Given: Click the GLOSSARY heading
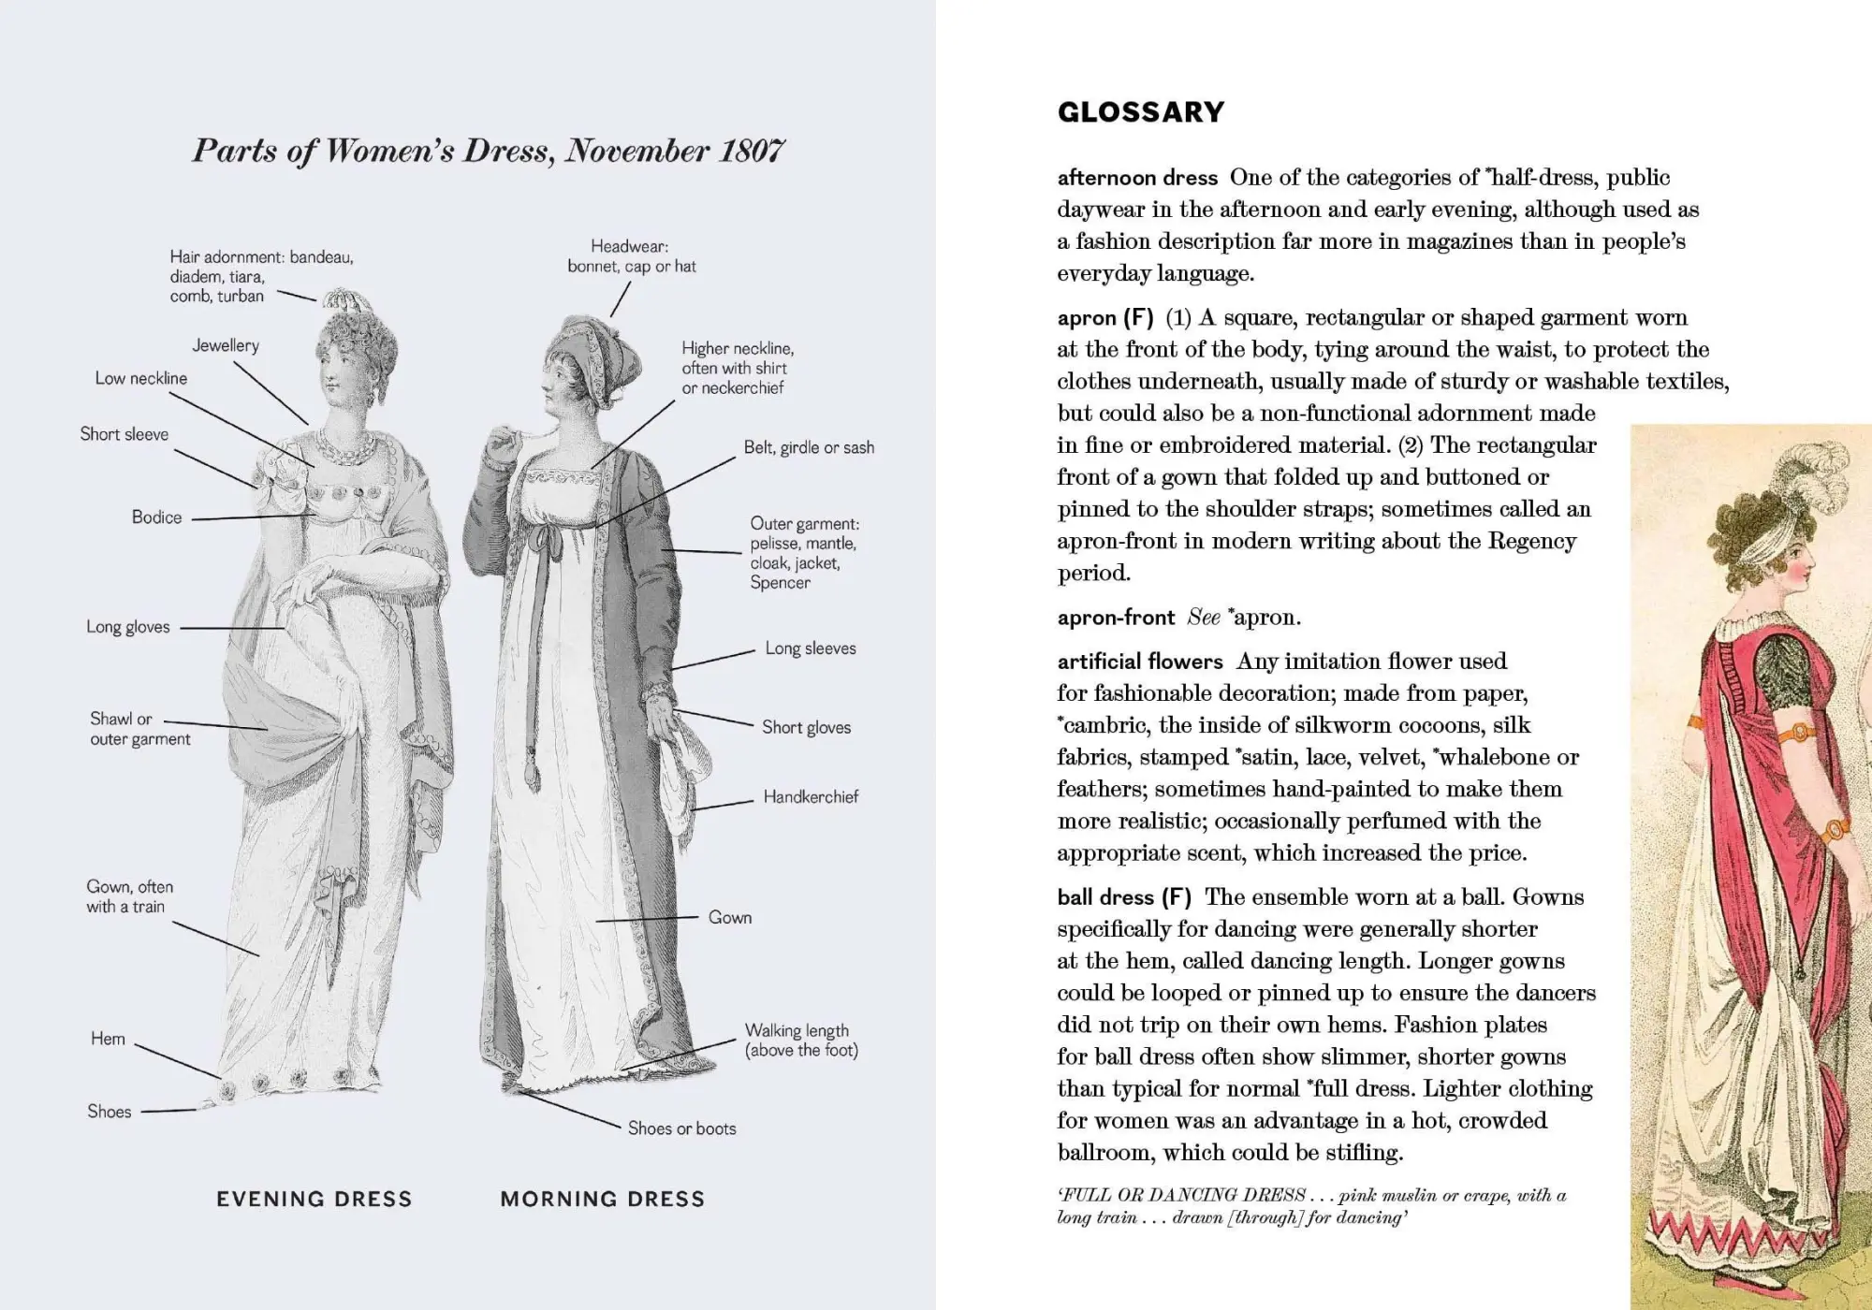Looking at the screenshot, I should [x=1140, y=112].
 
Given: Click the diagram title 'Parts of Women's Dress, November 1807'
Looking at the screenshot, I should [x=488, y=151].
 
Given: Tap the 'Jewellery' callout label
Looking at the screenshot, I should [x=226, y=345].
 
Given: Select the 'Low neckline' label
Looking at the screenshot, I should [x=140, y=378].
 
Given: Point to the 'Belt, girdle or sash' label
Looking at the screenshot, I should [x=809, y=447].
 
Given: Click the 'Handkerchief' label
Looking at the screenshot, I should [x=810, y=796].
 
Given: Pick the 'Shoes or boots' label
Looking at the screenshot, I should [x=681, y=1128].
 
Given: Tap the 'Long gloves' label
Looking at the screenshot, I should [x=128, y=627].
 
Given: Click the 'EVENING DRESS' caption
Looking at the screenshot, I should [x=314, y=1199].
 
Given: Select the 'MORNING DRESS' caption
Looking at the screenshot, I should [x=602, y=1199].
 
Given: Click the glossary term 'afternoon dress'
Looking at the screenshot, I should [x=1136, y=178].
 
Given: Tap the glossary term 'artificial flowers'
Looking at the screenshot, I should [x=1139, y=662].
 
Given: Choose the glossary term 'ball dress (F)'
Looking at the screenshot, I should [x=1123, y=897].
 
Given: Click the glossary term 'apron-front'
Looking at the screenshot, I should [x=1116, y=618].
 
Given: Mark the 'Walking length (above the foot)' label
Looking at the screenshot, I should [x=800, y=1040].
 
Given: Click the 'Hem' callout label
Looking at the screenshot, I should [x=108, y=1039].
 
